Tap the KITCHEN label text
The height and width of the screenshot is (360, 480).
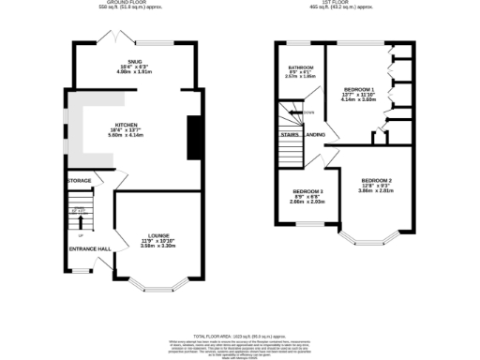pyautogui.click(x=128, y=125)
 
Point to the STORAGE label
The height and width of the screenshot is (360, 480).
pyautogui.click(x=79, y=180)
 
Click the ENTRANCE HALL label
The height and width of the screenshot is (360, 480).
pyautogui.click(x=91, y=248)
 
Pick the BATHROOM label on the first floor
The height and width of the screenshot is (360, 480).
pyautogui.click(x=301, y=67)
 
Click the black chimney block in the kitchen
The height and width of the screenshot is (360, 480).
pyautogui.click(x=194, y=136)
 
